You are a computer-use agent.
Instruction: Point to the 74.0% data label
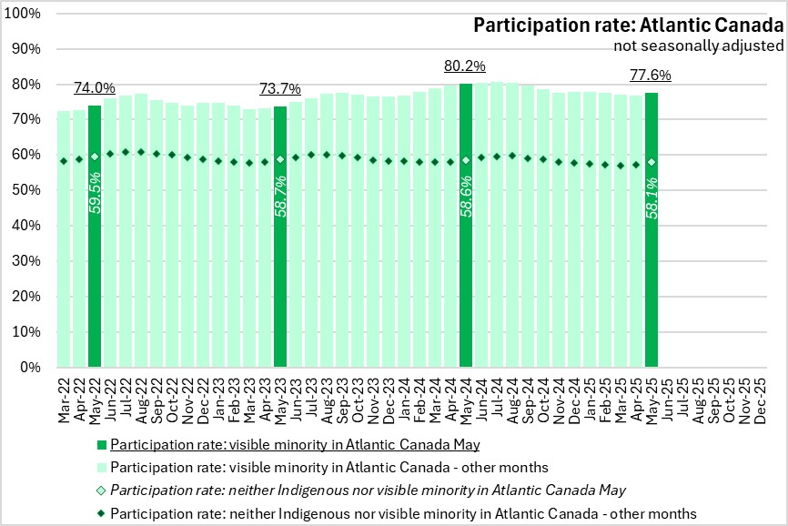(x=95, y=88)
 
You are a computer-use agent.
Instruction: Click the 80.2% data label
(x=466, y=66)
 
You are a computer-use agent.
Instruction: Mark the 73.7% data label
(x=280, y=89)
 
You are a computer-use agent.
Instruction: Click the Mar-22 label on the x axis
(x=64, y=398)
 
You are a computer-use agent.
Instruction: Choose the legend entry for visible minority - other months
(x=329, y=467)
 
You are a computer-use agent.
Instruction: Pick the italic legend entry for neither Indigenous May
(x=368, y=490)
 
